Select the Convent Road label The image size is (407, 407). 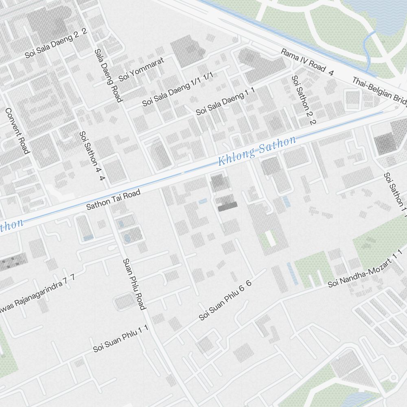click(18, 131)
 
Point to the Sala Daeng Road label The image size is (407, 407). click(108, 76)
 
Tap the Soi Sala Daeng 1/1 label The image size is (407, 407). click(177, 88)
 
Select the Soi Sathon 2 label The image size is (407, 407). click(304, 100)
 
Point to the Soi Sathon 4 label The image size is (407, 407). click(92, 156)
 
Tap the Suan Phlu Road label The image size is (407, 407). click(134, 284)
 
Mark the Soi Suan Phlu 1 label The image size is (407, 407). click(120, 339)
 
